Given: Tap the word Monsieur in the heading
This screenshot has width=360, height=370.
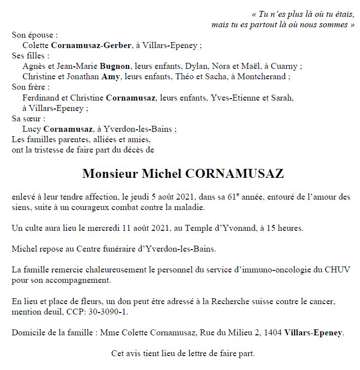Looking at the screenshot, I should coord(109,174).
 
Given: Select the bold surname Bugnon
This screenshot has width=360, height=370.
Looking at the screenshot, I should coord(115,66).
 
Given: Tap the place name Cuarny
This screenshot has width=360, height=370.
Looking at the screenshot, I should coord(288,66).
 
